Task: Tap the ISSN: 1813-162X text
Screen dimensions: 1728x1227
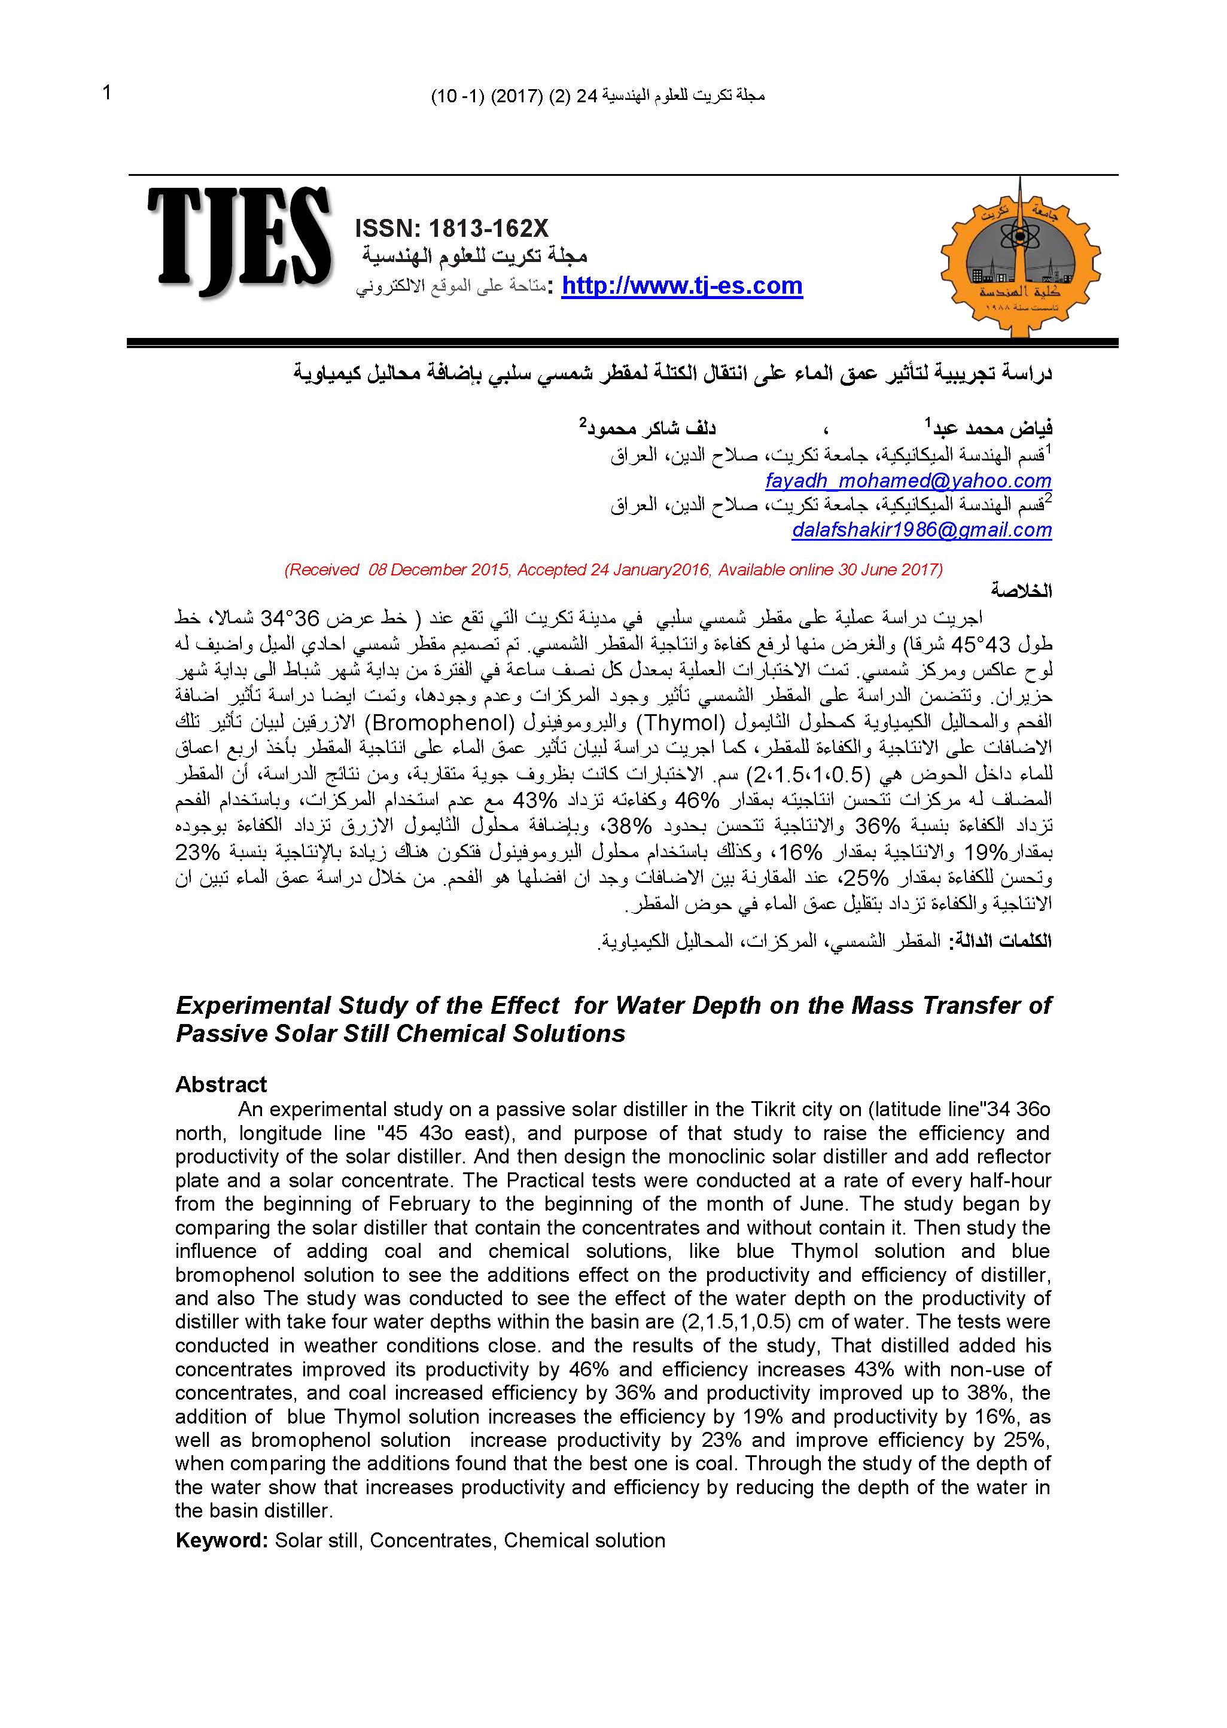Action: (x=451, y=228)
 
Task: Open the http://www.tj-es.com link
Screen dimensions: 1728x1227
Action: (x=681, y=287)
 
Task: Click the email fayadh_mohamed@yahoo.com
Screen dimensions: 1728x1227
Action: (x=908, y=480)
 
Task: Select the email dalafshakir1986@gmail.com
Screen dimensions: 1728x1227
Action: (x=922, y=530)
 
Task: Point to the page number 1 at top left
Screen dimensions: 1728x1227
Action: (x=106, y=93)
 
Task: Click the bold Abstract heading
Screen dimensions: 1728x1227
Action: (x=221, y=1084)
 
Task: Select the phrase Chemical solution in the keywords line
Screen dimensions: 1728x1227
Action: (x=584, y=1541)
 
